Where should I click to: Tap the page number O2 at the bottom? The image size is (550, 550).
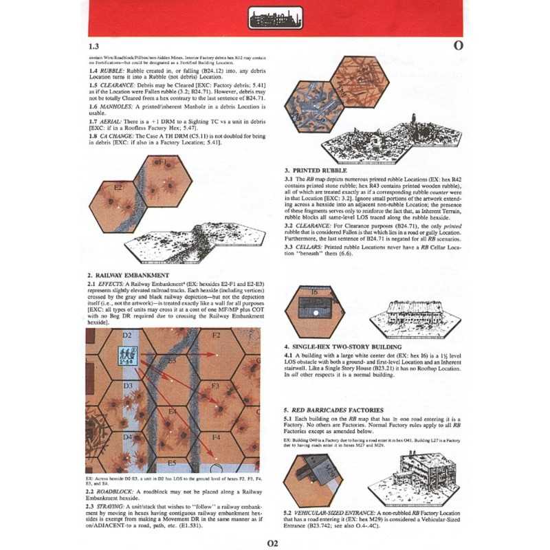(x=272, y=542)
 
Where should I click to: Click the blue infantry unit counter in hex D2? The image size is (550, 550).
(x=127, y=356)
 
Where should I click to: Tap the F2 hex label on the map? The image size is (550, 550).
(x=215, y=335)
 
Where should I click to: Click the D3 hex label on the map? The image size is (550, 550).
(x=127, y=386)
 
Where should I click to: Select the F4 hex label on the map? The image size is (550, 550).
(x=215, y=437)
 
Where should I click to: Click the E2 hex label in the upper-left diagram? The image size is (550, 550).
(x=118, y=186)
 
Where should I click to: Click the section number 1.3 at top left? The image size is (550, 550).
(x=96, y=46)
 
